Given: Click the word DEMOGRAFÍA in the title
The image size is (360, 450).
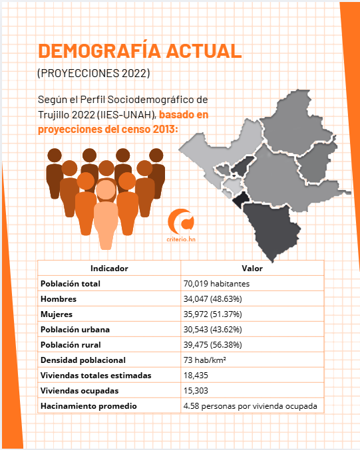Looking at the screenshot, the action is [x=99, y=51].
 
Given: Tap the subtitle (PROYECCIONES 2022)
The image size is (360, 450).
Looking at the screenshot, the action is [x=94, y=74].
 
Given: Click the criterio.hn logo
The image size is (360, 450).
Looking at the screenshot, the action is [x=181, y=225].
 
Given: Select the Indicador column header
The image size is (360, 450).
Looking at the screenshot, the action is [x=109, y=269].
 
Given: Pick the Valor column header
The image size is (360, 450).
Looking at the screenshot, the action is [x=252, y=269].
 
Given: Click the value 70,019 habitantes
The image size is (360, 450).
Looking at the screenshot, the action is [x=217, y=284].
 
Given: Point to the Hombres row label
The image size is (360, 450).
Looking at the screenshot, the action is [x=59, y=299].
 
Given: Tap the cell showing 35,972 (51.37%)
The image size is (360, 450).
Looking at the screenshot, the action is [x=213, y=314].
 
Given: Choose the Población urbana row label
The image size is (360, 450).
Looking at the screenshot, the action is [x=75, y=330].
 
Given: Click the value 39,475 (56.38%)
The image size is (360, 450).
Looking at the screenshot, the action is [x=213, y=345].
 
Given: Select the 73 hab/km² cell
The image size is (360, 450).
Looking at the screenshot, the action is [x=204, y=360].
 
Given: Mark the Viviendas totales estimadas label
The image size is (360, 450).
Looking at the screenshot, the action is [x=96, y=376].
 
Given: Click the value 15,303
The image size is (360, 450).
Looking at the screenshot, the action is [x=196, y=391].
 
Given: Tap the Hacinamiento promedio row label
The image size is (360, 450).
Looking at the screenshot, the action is [x=89, y=406].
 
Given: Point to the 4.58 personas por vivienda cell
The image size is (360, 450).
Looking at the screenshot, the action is [x=250, y=406].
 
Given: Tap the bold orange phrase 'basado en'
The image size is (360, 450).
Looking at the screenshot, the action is [x=184, y=114].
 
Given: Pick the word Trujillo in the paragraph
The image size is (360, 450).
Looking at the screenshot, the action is [x=54, y=115].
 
